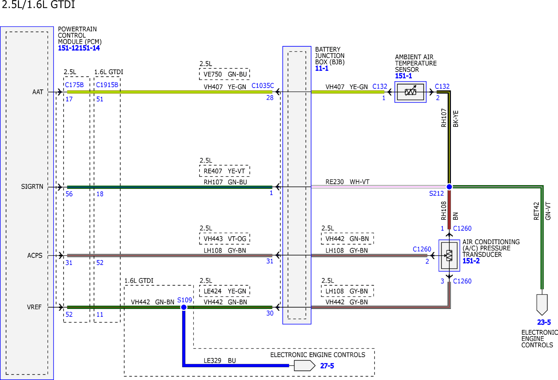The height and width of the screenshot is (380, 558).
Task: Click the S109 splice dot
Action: tap(184, 307)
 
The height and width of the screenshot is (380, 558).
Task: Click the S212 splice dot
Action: tap(449, 187)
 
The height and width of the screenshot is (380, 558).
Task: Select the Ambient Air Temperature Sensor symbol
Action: tap(411, 92)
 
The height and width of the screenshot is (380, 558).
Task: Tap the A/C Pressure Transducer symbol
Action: tap(449, 255)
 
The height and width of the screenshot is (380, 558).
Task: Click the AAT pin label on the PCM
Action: tap(38, 92)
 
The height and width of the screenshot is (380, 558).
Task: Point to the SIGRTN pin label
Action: tap(32, 187)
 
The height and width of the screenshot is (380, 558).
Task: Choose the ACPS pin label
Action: tap(35, 255)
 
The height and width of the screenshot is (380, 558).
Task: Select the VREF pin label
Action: tap(34, 307)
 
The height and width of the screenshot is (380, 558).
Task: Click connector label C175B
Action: tap(74, 85)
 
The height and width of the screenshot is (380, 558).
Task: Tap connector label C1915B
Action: tap(107, 85)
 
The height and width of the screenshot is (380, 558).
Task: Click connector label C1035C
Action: tap(263, 86)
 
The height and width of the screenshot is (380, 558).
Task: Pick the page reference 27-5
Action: tap(327, 366)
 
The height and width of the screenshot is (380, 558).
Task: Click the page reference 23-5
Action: tap(544, 322)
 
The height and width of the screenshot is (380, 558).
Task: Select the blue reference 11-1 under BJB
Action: tap(322, 69)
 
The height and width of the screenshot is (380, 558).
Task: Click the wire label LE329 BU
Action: tap(220, 361)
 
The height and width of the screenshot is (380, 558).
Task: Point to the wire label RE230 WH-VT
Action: tap(347, 182)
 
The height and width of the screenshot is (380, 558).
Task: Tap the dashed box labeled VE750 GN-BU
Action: tap(225, 74)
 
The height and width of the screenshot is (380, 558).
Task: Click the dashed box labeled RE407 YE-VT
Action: tap(225, 171)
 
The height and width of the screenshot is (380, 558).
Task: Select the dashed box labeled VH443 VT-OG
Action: tap(225, 239)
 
